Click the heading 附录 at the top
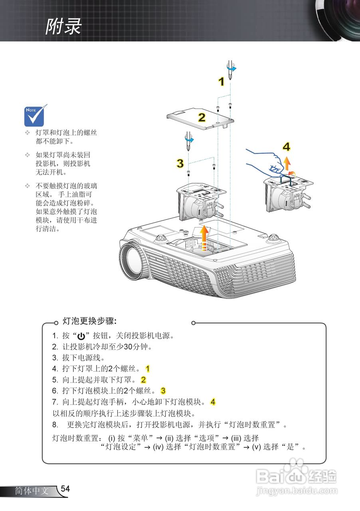pos(63,26)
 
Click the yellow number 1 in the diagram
pos(221,82)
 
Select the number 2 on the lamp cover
pos(202,117)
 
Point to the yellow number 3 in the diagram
pos(180,163)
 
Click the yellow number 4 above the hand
pos(286,147)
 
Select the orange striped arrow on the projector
pos(204,238)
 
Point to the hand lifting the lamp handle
pos(264,162)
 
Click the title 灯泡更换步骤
pos(89,321)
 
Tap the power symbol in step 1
pos(81,336)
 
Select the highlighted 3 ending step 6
pos(163,391)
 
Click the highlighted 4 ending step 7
pos(213,402)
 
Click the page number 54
pos(65,489)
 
